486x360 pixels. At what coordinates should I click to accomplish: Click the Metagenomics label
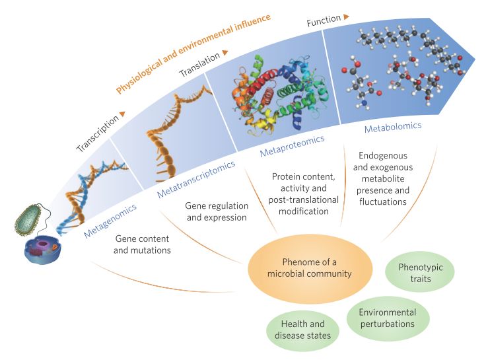click(110, 221)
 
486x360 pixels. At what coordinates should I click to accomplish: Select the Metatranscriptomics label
click(196, 179)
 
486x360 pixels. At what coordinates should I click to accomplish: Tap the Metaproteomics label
click(292, 146)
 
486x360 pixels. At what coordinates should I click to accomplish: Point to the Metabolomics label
click(393, 127)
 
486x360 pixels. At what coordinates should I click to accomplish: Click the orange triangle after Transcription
click(123, 114)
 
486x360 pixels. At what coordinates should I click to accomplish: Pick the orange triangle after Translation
click(225, 52)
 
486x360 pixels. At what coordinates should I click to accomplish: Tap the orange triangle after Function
click(346, 17)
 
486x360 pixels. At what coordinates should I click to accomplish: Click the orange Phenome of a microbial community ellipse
click(310, 268)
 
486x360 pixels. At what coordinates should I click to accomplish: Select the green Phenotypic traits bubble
click(420, 272)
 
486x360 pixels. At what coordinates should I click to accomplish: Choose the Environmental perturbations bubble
click(388, 318)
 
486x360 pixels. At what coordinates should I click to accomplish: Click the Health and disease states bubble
click(302, 330)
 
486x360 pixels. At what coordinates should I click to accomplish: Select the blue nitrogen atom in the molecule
click(364, 103)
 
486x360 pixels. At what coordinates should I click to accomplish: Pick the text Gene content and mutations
click(142, 244)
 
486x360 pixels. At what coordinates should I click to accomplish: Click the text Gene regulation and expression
click(217, 211)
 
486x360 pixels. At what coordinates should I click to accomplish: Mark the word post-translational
click(304, 199)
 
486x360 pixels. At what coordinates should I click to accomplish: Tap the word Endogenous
click(383, 156)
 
